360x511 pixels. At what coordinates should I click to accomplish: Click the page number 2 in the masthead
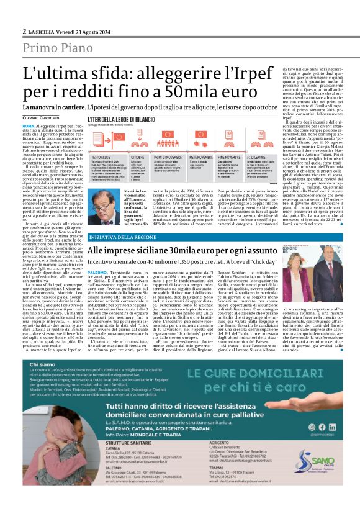[23, 30]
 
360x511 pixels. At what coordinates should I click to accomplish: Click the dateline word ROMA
[29, 125]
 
